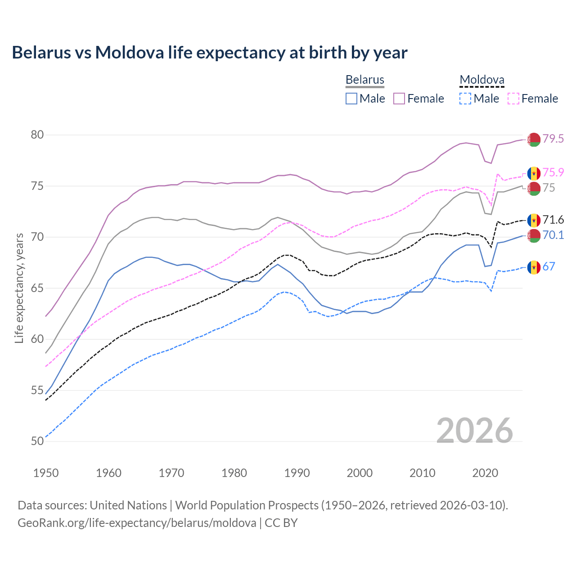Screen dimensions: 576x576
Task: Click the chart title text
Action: coord(210,53)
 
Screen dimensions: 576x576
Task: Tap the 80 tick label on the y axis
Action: coord(37,135)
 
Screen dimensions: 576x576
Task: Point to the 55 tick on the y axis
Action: coord(37,390)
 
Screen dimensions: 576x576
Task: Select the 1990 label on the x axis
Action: coord(297,473)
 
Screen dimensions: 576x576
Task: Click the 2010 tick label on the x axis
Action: coord(422,473)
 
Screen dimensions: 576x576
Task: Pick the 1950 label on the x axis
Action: coord(46,473)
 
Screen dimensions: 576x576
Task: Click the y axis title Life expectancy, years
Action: coord(19,288)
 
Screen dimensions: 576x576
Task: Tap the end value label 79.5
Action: coord(553,139)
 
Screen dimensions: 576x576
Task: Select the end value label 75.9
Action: coord(553,172)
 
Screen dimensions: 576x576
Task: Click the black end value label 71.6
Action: coord(553,220)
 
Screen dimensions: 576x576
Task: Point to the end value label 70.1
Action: coord(553,235)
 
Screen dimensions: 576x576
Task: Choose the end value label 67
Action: coord(549,266)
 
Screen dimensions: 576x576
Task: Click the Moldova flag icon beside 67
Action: coord(534,267)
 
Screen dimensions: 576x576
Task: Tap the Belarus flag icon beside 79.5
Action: coord(534,139)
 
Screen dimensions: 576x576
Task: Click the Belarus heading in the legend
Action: coord(365,80)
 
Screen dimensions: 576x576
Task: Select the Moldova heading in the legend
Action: coord(481,80)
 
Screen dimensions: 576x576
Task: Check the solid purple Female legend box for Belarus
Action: coord(399,99)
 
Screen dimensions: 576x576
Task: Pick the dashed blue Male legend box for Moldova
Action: coord(465,99)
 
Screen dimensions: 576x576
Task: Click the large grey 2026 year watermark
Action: coord(475,431)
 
